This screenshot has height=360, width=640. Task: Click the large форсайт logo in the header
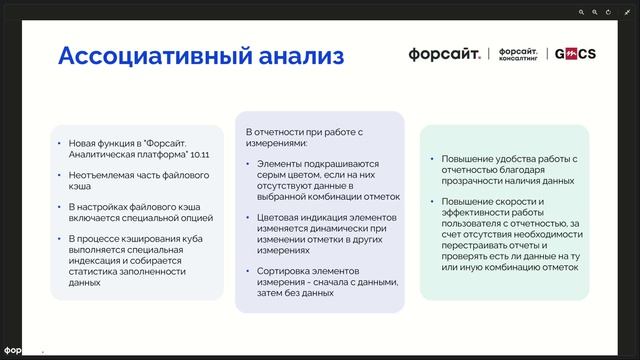445,53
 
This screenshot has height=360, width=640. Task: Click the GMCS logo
575,53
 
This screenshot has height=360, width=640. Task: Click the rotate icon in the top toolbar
609,11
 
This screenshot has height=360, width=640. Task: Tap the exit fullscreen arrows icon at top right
626,11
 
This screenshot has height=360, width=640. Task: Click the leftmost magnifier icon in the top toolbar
580,11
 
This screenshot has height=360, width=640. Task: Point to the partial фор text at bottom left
14,351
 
